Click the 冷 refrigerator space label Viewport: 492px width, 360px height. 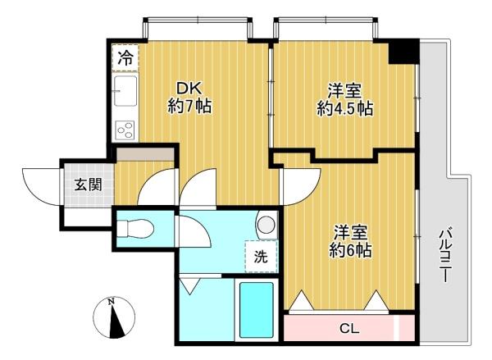[125, 58]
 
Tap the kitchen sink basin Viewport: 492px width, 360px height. [125, 91]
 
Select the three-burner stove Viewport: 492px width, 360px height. [125, 130]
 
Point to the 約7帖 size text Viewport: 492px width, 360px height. [189, 106]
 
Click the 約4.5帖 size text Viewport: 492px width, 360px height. [345, 108]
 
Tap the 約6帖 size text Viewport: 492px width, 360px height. [350, 250]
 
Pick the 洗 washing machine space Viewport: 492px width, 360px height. [261, 257]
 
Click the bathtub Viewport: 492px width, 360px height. [257, 310]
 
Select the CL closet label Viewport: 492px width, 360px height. [349, 329]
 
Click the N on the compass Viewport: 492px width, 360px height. [111, 302]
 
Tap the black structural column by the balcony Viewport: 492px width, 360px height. [403, 51]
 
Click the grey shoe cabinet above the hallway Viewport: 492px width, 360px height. [145, 154]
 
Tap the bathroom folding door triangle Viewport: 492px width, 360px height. [189, 286]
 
